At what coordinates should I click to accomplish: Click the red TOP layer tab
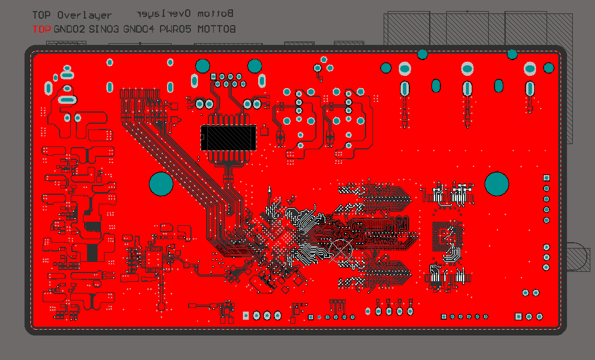(41, 29)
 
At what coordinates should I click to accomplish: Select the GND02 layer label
(69, 29)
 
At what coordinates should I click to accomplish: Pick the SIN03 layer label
(105, 29)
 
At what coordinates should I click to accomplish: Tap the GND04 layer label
(139, 29)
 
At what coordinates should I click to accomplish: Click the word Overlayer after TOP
(84, 15)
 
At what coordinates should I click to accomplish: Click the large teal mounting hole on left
(161, 184)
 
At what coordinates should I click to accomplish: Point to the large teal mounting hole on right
(497, 183)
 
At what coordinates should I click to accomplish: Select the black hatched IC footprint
(228, 138)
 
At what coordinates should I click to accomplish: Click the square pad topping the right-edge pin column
(547, 178)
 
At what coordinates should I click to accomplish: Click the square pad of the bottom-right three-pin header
(519, 316)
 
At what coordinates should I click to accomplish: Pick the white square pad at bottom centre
(246, 316)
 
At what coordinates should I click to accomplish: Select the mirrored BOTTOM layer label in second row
(217, 29)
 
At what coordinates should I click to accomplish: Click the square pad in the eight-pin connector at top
(214, 76)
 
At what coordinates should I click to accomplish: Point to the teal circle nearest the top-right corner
(549, 68)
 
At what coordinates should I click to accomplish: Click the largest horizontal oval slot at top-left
(68, 100)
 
